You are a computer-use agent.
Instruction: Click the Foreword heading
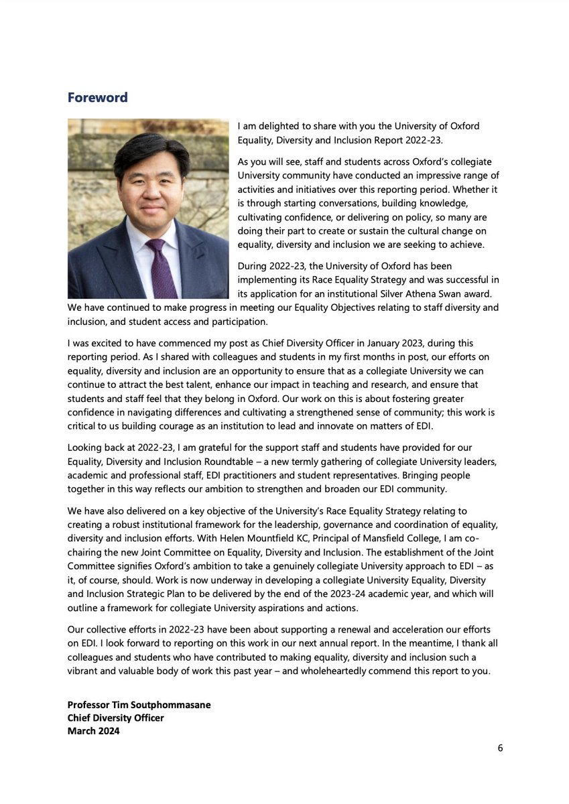(97, 98)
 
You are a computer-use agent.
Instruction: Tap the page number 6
(500, 748)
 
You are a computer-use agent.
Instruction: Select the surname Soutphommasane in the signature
(166, 704)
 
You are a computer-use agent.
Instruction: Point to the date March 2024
(93, 731)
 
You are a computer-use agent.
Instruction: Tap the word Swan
(448, 293)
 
